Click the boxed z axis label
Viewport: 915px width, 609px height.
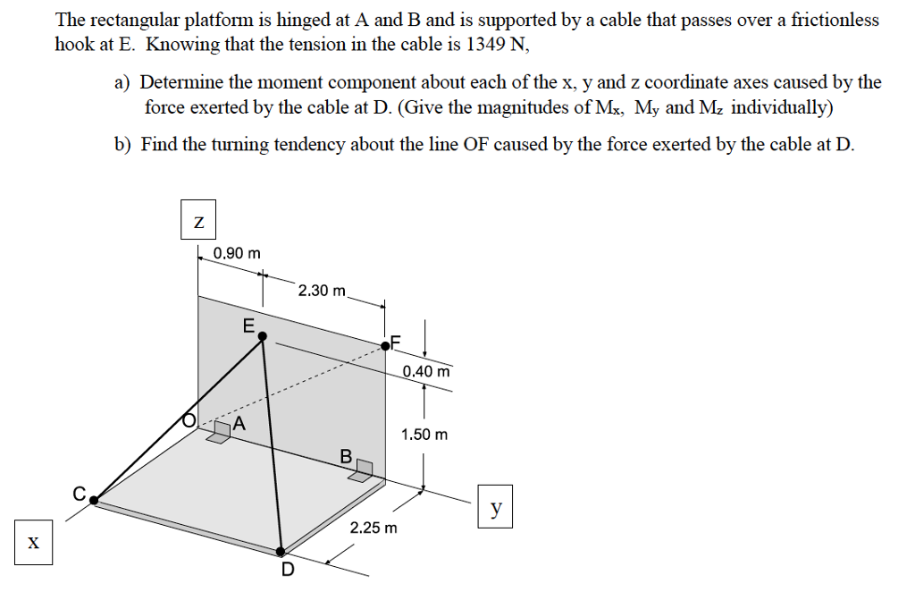point(198,223)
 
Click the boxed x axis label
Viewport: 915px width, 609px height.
point(33,543)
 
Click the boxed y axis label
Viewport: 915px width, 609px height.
point(495,508)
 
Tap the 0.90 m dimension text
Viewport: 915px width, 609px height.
point(238,253)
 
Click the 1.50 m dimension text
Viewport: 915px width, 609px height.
point(424,435)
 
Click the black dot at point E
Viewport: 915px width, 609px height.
point(263,336)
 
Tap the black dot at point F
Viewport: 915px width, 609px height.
point(385,345)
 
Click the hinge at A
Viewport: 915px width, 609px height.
point(220,434)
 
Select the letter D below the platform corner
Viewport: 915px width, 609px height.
point(287,571)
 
